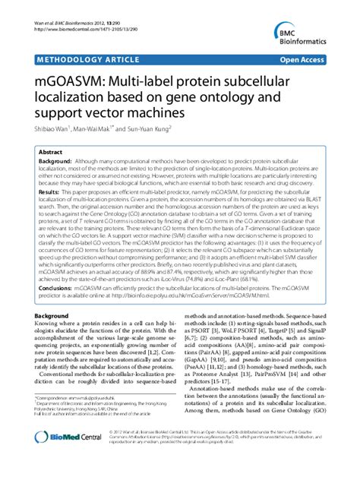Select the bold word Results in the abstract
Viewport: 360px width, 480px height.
click(50, 194)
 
